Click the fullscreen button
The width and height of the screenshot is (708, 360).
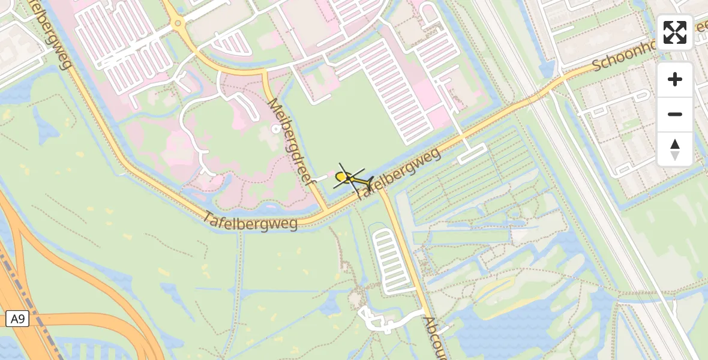click(x=675, y=32)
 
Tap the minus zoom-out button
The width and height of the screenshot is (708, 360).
click(x=675, y=115)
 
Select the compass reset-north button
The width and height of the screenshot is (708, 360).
click(x=675, y=149)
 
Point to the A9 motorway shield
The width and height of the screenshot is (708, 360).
click(x=17, y=319)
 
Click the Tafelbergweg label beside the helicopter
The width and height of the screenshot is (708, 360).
click(x=401, y=172)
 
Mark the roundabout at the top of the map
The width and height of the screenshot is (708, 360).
click(x=178, y=24)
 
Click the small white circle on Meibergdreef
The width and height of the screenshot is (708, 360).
click(x=276, y=128)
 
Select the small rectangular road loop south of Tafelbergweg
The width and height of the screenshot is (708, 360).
click(x=472, y=154)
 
